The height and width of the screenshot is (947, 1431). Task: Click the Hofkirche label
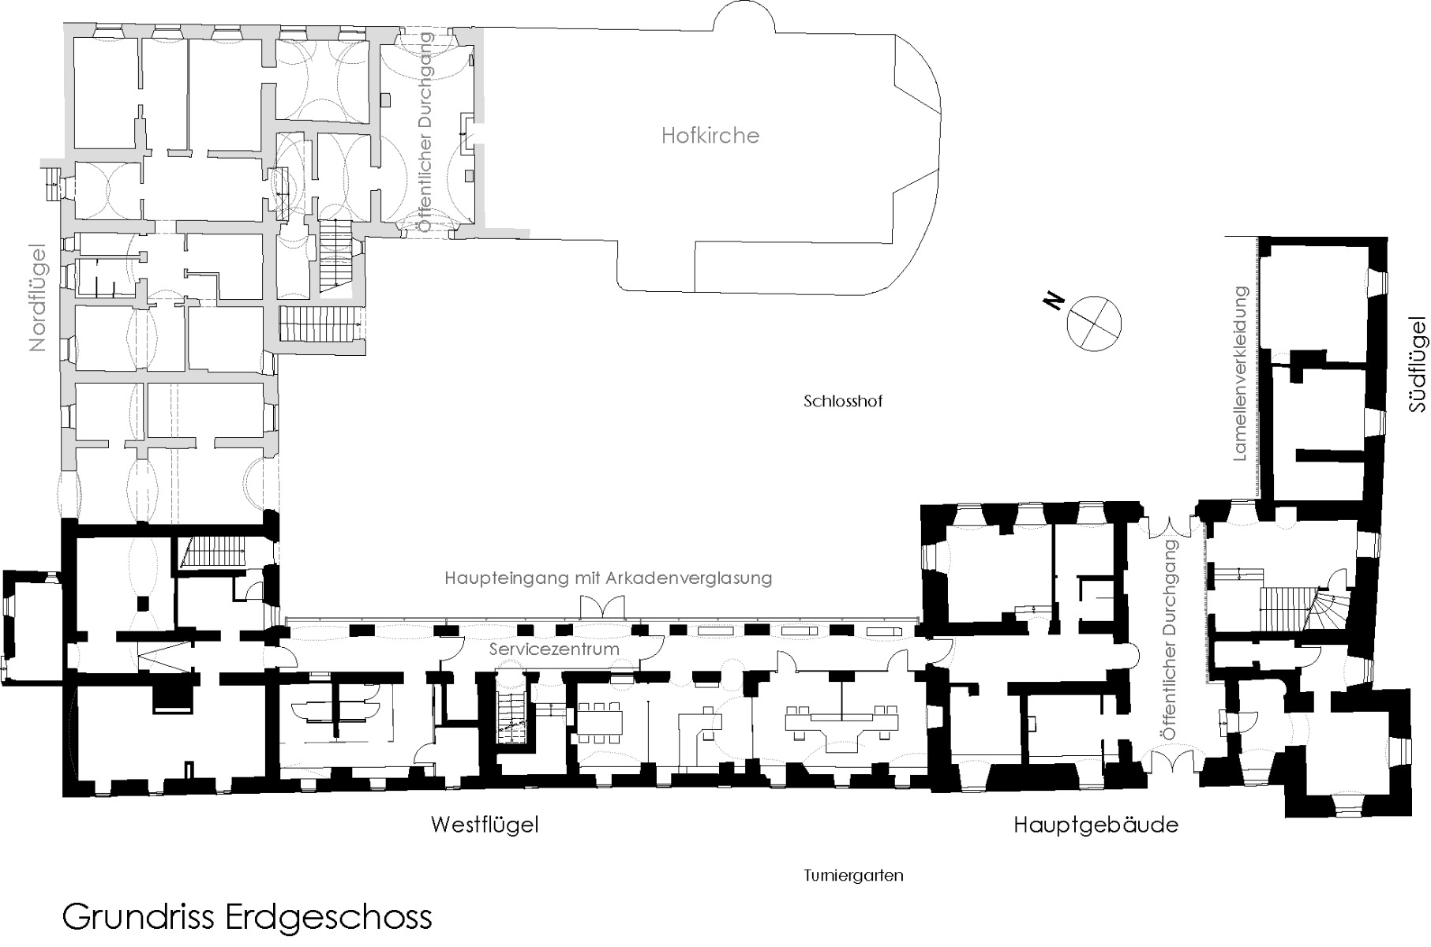click(710, 136)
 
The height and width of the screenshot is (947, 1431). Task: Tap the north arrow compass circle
click(1094, 323)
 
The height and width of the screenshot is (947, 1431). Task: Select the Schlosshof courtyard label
click(842, 401)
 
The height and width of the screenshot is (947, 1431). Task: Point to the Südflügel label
click(1418, 364)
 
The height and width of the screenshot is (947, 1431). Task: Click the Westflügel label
click(484, 825)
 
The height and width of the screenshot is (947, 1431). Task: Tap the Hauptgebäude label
click(1095, 825)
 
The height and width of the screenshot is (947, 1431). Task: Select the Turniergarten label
click(853, 876)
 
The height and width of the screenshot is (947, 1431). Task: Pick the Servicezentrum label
click(553, 649)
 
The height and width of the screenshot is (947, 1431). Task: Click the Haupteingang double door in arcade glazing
click(602, 608)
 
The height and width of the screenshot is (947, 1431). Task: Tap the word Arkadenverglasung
click(688, 578)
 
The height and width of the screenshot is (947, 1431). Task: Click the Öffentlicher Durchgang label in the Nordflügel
click(426, 132)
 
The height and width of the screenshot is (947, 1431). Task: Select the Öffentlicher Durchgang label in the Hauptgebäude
click(1170, 639)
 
